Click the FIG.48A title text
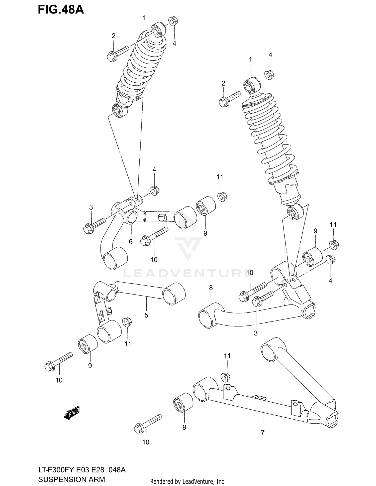61,10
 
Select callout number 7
262,433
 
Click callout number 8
211,288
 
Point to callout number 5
146,315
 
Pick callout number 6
131,242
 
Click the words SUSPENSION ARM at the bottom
71,479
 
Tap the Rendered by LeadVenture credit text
188,481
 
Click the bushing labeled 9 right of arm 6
205,206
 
